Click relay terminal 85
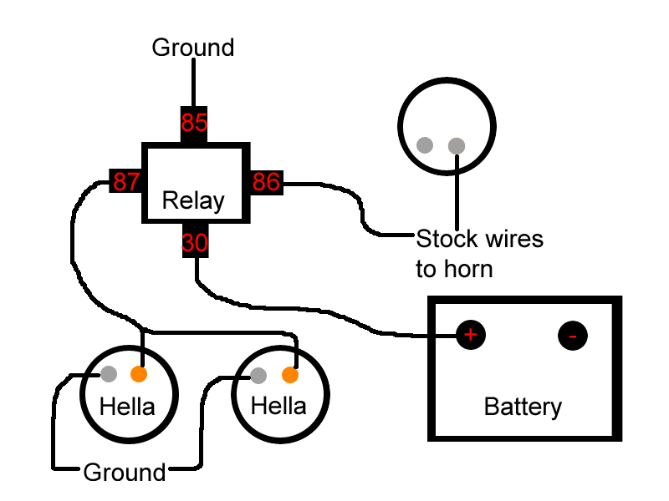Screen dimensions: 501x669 [x=194, y=124]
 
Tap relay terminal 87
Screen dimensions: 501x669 [x=127, y=181]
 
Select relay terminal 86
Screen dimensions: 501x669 [x=266, y=181]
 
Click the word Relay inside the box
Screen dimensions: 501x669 [x=193, y=200]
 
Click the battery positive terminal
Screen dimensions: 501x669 [x=470, y=336]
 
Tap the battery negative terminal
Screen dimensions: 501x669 [x=573, y=336]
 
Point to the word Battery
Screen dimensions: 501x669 [x=523, y=407]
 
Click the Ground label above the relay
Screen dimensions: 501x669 [x=193, y=48]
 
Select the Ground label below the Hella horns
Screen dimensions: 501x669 [x=125, y=473]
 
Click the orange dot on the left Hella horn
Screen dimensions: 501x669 [x=140, y=373]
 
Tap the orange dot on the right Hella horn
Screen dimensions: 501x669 [x=290, y=374]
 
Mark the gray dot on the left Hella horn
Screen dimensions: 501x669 [x=109, y=373]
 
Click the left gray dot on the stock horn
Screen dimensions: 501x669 [x=425, y=145]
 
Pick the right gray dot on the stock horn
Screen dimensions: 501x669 [x=457, y=146]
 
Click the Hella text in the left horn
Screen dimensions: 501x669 [x=127, y=407]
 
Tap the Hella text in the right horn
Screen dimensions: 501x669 [x=279, y=407]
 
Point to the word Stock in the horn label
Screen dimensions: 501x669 [x=445, y=240]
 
